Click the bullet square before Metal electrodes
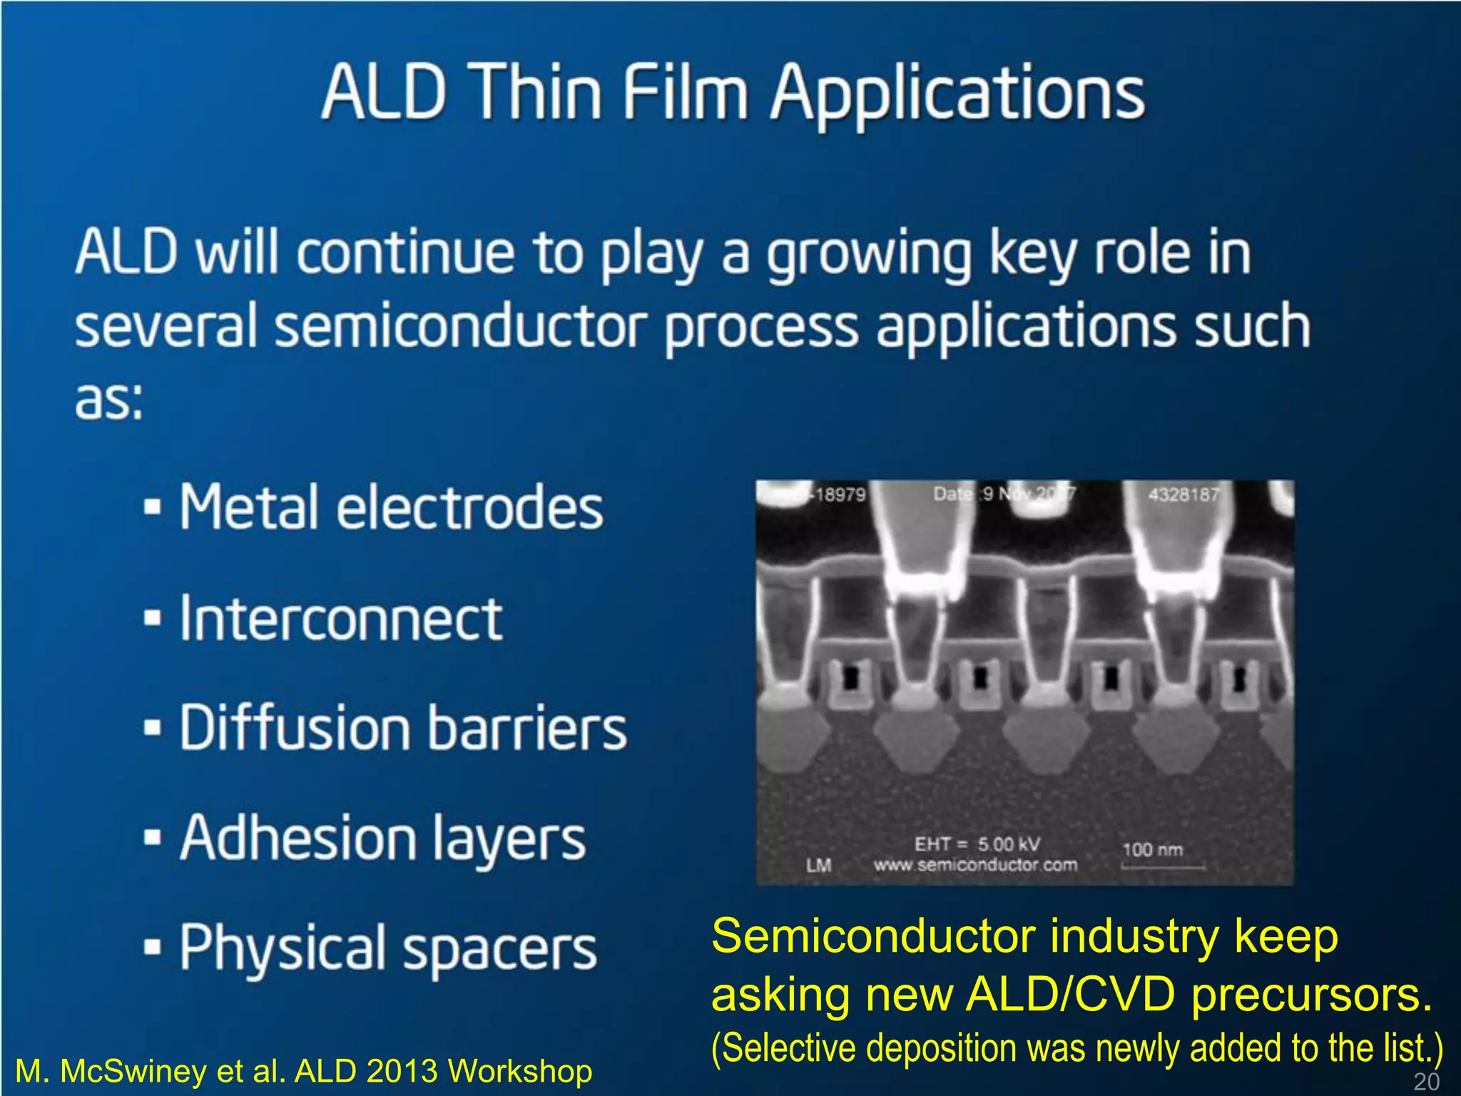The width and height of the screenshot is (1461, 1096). click(x=152, y=507)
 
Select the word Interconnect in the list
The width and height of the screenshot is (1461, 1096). click(x=341, y=619)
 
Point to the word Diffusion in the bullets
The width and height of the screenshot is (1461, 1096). click(x=295, y=727)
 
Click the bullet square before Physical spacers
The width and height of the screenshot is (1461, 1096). click(x=152, y=948)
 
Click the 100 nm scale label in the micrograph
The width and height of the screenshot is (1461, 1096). click(x=1153, y=850)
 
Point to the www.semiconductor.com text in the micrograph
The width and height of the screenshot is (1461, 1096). click(x=975, y=866)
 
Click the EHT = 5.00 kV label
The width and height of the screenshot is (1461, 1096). click(x=977, y=844)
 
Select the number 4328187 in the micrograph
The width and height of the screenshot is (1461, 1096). click(x=1183, y=494)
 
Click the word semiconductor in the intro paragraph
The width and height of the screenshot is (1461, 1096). click(x=461, y=326)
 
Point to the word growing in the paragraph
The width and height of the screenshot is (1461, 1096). click(x=869, y=255)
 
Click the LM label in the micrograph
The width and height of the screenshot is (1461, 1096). click(x=818, y=866)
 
